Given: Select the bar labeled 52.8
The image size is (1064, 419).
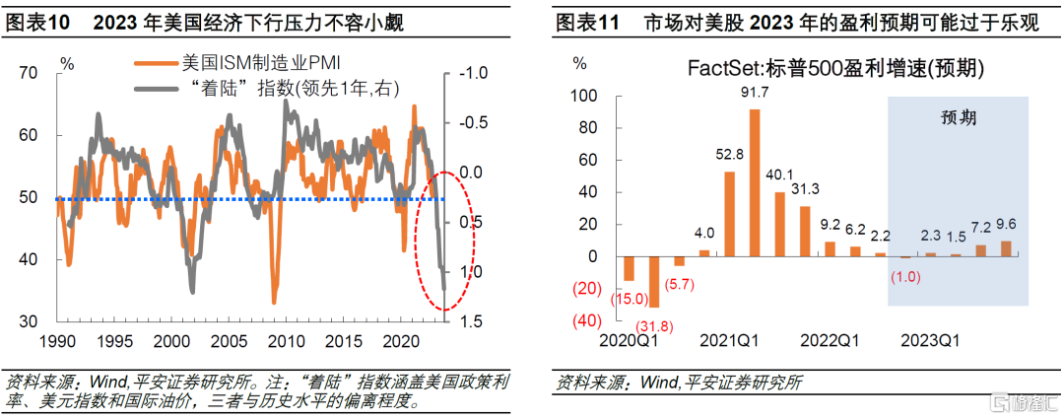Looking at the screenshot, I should click(x=730, y=214).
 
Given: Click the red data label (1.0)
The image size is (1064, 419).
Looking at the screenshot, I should click(x=905, y=277).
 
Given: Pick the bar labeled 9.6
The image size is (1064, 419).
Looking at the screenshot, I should click(x=1006, y=248).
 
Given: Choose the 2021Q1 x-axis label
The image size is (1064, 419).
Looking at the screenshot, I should click(x=728, y=340).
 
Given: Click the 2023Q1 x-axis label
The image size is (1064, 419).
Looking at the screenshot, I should click(x=931, y=340).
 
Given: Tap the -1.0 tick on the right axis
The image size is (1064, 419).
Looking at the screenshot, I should click(x=474, y=72).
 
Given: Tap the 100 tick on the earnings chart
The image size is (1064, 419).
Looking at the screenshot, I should click(x=583, y=96).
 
